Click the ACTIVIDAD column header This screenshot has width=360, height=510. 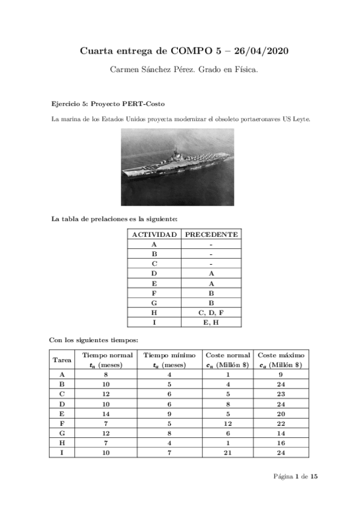tap(154, 234)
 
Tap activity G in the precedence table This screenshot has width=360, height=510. tap(154, 303)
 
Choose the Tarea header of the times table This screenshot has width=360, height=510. tap(63, 360)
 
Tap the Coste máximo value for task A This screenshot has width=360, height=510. tap(280, 373)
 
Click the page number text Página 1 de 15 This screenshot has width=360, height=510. tap(295, 476)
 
